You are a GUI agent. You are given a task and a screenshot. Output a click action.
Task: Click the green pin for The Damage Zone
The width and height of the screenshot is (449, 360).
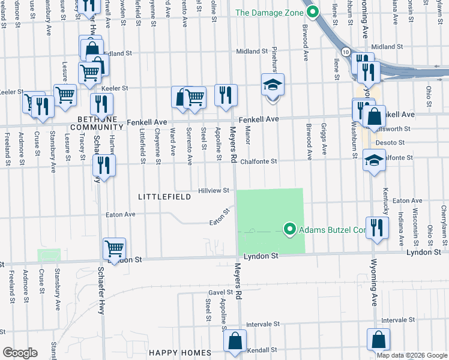click(x=312, y=11)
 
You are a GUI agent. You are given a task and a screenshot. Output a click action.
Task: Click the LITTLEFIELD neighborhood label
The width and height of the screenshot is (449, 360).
click(x=164, y=197)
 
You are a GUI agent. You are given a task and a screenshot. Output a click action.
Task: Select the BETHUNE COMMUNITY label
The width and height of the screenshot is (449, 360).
click(x=96, y=122)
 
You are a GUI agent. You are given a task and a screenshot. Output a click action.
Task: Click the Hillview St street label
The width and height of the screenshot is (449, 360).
click(x=214, y=190)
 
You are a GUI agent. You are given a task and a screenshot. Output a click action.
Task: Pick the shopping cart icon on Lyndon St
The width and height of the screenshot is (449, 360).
click(x=114, y=248)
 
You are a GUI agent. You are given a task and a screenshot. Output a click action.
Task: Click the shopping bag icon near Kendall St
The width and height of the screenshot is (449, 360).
click(x=235, y=340)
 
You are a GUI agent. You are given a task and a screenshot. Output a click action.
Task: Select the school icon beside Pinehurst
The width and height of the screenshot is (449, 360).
click(x=271, y=85)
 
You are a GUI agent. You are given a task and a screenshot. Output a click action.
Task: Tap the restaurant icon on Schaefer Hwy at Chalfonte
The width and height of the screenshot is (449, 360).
click(x=106, y=164)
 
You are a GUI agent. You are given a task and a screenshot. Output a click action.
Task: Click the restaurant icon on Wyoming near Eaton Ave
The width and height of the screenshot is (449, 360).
click(x=376, y=227)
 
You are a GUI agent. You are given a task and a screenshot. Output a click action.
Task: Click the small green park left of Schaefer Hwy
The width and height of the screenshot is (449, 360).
click(x=49, y=255)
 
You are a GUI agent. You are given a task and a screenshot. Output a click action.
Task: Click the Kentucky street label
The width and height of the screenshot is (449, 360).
click(x=385, y=197)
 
